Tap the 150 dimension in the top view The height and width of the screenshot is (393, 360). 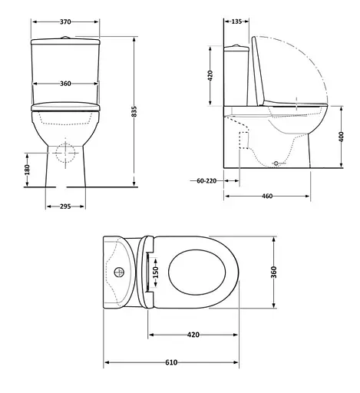coord(156,273)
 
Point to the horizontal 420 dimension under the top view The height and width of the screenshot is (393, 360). coord(193,335)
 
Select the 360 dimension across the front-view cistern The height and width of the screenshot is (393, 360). coord(66,84)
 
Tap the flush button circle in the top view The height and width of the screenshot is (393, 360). coord(119,272)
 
